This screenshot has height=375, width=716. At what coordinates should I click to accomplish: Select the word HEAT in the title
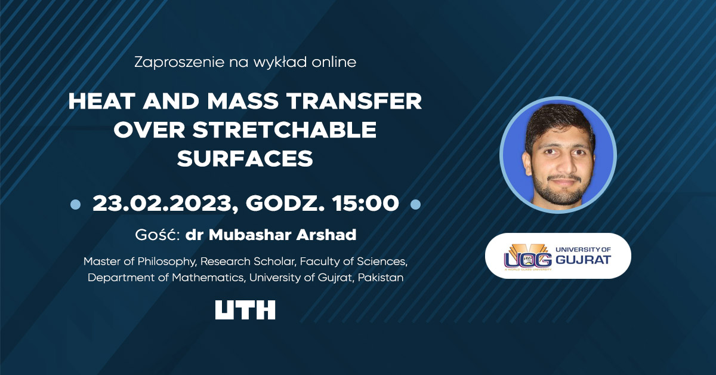point(101,101)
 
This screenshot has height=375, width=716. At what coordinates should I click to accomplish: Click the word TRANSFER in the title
point(354,101)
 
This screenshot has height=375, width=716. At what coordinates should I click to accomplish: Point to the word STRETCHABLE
point(285,130)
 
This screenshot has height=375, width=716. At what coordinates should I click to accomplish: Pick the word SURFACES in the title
point(245,158)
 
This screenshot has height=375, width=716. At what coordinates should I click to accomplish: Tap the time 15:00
point(365,204)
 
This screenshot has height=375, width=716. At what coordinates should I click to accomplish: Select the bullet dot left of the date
point(75,204)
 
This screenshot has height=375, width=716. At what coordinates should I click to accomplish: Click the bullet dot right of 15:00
point(415,204)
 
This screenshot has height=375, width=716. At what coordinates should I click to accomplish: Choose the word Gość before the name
point(157,235)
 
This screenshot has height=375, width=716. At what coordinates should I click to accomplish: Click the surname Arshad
point(326,235)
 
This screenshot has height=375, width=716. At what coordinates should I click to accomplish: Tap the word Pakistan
point(381,278)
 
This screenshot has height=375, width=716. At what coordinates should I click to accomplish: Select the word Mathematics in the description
point(208,278)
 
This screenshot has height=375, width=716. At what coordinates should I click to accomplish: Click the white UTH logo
point(245,310)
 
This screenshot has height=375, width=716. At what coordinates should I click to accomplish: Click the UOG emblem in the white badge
point(527,257)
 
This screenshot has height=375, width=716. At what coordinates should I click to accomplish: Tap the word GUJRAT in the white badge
point(584,260)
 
